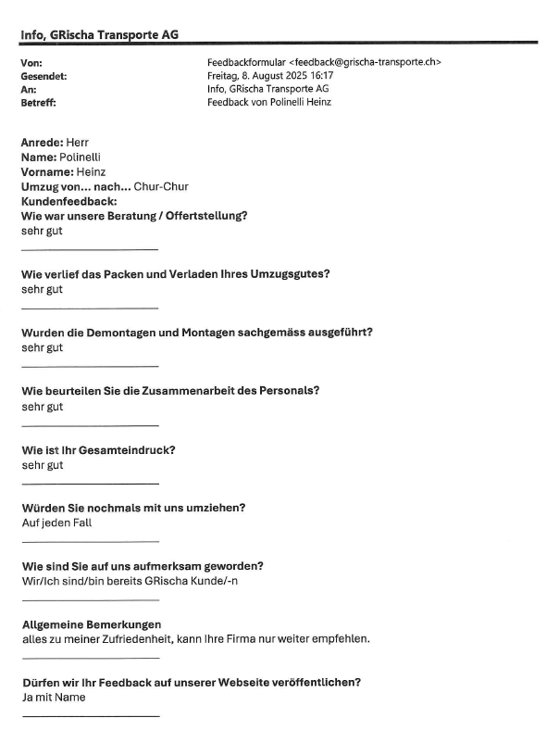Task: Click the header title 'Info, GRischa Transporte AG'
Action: click(x=99, y=34)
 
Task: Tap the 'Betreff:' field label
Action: click(x=38, y=103)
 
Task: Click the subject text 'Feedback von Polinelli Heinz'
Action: click(x=269, y=103)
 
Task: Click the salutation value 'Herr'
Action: click(x=78, y=143)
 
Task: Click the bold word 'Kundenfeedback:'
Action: click(x=68, y=201)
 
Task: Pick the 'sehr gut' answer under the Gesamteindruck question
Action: click(x=43, y=465)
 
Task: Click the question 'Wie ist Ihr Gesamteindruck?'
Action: click(x=99, y=450)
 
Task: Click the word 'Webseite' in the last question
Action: click(x=252, y=683)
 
